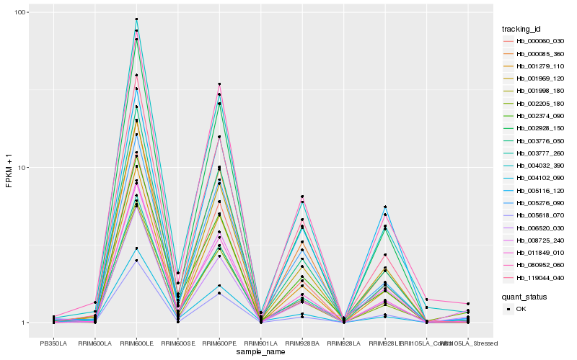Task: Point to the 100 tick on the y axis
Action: point(21,13)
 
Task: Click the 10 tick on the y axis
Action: point(23,168)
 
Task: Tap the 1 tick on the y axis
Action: point(25,323)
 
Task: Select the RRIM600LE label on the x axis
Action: point(136,343)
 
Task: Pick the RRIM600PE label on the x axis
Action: point(219,343)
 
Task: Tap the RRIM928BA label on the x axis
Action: point(302,343)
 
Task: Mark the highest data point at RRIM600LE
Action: point(136,19)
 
